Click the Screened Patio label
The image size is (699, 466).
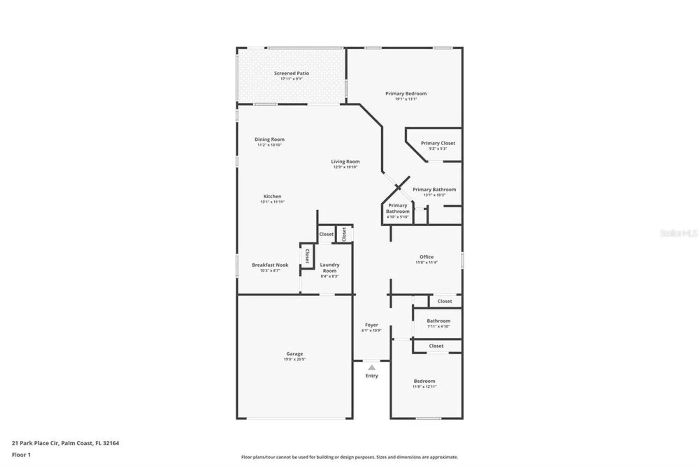[x=291, y=73]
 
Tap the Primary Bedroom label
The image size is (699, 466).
[x=406, y=94]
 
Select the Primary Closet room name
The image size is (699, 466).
[x=438, y=143]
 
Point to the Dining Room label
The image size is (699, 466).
[x=269, y=139]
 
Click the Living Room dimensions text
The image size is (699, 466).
[x=345, y=167]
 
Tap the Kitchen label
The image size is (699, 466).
[x=272, y=196]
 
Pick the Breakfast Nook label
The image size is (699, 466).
[x=270, y=265]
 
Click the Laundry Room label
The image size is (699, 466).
[x=330, y=268]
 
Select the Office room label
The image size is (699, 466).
[x=426, y=257]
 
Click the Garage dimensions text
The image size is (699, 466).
[x=294, y=359]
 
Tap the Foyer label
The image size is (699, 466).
[x=371, y=325]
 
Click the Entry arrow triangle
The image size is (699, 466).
[x=372, y=368]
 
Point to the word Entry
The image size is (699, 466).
[x=372, y=376]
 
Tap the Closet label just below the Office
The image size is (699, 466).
[x=445, y=301]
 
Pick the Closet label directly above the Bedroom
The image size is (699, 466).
[x=436, y=346]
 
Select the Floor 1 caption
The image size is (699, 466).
[x=21, y=455]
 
